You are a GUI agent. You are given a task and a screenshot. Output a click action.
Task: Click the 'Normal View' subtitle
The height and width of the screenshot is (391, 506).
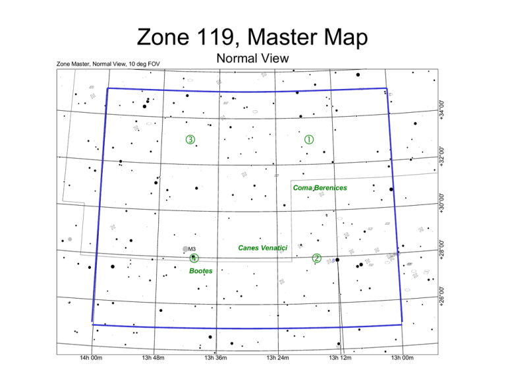pos(252,59)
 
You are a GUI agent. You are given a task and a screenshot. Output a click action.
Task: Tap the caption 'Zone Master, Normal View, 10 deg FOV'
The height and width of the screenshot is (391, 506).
pos(109,64)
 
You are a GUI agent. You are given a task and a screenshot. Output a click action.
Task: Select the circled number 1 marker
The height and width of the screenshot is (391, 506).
pos(308,139)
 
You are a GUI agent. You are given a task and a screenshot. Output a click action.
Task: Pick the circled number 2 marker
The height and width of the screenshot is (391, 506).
pos(317,258)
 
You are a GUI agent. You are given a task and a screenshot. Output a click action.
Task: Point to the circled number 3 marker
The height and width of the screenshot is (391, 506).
pos(190,140)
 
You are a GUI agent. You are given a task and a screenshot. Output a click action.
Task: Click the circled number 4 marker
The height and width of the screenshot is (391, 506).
pos(193,258)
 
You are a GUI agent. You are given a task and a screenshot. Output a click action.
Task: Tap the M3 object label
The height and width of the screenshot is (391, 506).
pos(192,249)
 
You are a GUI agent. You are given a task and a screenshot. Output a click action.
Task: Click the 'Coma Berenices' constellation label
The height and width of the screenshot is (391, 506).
pos(320,188)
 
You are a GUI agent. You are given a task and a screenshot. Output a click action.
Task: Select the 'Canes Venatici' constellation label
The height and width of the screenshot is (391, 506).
pos(262,247)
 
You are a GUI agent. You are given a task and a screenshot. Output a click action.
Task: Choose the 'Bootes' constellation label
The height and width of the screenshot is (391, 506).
pos(200,270)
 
